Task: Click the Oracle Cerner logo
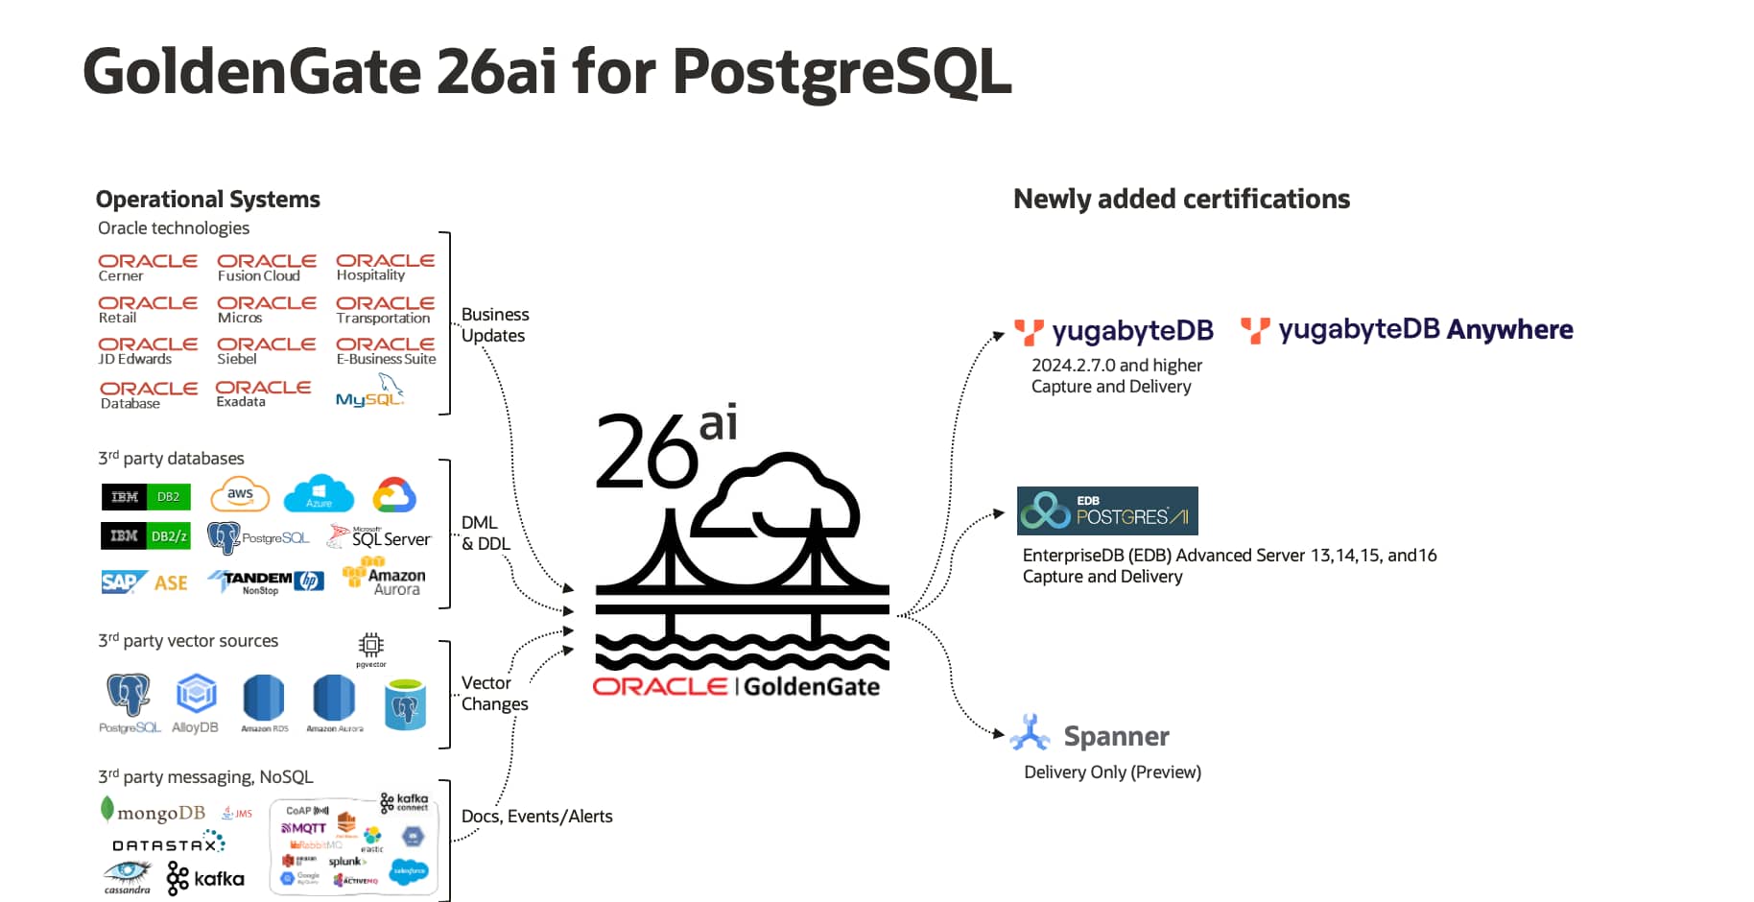(x=148, y=268)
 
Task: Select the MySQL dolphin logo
(x=370, y=392)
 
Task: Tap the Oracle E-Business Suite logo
(x=386, y=350)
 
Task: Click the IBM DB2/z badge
(x=145, y=535)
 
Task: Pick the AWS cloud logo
(x=240, y=495)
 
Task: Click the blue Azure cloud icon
(x=319, y=493)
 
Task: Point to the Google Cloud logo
(x=394, y=495)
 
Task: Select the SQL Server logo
(x=379, y=537)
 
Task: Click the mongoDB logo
(x=154, y=812)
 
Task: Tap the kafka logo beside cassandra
(x=205, y=878)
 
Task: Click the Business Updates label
(x=494, y=325)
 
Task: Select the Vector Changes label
(x=494, y=693)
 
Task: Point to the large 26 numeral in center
(x=645, y=451)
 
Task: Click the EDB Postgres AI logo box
(x=1107, y=510)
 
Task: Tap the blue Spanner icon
(x=1030, y=734)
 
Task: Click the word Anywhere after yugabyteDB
(x=1509, y=330)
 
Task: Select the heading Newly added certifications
(x=1181, y=199)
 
